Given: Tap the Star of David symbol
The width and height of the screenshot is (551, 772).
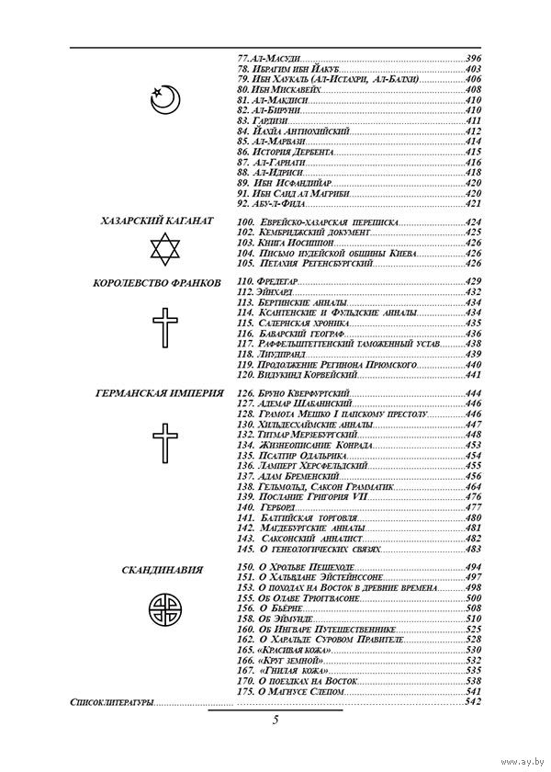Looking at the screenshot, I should [163, 249].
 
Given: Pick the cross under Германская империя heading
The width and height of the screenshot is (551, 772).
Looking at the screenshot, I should [163, 445].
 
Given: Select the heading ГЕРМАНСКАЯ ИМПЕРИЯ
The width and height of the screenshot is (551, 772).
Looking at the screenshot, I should [159, 392].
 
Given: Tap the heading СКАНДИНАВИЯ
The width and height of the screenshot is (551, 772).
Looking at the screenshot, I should [163, 571].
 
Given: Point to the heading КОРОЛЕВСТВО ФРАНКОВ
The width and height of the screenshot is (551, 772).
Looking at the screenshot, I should [157, 283].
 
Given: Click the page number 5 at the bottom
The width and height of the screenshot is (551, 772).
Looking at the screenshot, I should [275, 720].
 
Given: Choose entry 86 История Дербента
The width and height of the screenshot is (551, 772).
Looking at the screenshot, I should [286, 152].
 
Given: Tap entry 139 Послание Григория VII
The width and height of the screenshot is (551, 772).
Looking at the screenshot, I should [298, 496].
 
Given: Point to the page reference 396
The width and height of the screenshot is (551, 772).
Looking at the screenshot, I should [474, 59].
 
